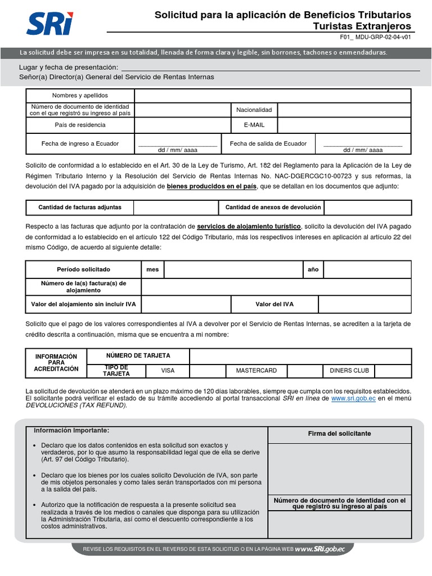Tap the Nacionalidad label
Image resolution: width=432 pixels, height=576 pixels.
(254, 110)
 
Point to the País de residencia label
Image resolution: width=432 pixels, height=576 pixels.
(80, 125)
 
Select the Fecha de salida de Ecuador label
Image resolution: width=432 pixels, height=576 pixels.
(268, 143)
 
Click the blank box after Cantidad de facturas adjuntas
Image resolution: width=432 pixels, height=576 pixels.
(176, 208)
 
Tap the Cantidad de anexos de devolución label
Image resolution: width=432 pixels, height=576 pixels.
(273, 208)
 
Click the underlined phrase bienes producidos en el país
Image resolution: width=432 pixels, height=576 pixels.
(211, 186)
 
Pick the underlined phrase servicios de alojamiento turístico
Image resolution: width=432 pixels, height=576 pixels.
(249, 227)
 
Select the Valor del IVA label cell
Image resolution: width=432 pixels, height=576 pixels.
(274, 304)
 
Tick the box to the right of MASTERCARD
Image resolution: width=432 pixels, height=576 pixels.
(304, 371)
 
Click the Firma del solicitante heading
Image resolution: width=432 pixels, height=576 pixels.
(339, 434)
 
